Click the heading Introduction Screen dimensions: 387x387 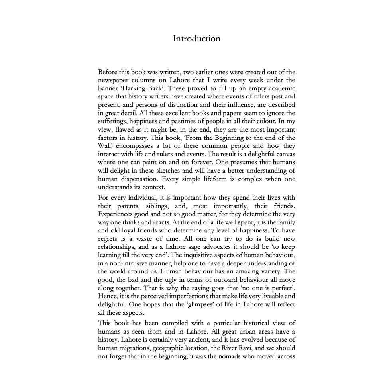(x=196, y=39)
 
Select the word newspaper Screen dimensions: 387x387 (x=115, y=80)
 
